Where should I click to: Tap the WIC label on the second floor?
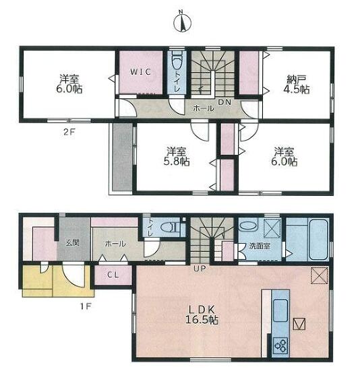click(141, 71)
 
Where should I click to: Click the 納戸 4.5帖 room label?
click(297, 84)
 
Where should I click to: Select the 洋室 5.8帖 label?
click(177, 156)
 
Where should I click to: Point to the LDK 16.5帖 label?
click(202, 314)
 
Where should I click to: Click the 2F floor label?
click(69, 132)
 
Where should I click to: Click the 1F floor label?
click(86, 306)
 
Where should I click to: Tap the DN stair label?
click(224, 102)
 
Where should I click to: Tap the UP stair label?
click(200, 269)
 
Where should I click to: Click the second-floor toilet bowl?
click(177, 61)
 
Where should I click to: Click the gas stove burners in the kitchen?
click(280, 345)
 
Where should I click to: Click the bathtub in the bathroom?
click(318, 240)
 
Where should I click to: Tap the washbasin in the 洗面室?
click(248, 226)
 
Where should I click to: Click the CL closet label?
click(113, 275)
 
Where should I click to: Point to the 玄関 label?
click(73, 243)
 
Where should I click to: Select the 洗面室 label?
click(260, 246)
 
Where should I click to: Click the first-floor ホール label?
click(115, 244)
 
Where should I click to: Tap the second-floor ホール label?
click(204, 108)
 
